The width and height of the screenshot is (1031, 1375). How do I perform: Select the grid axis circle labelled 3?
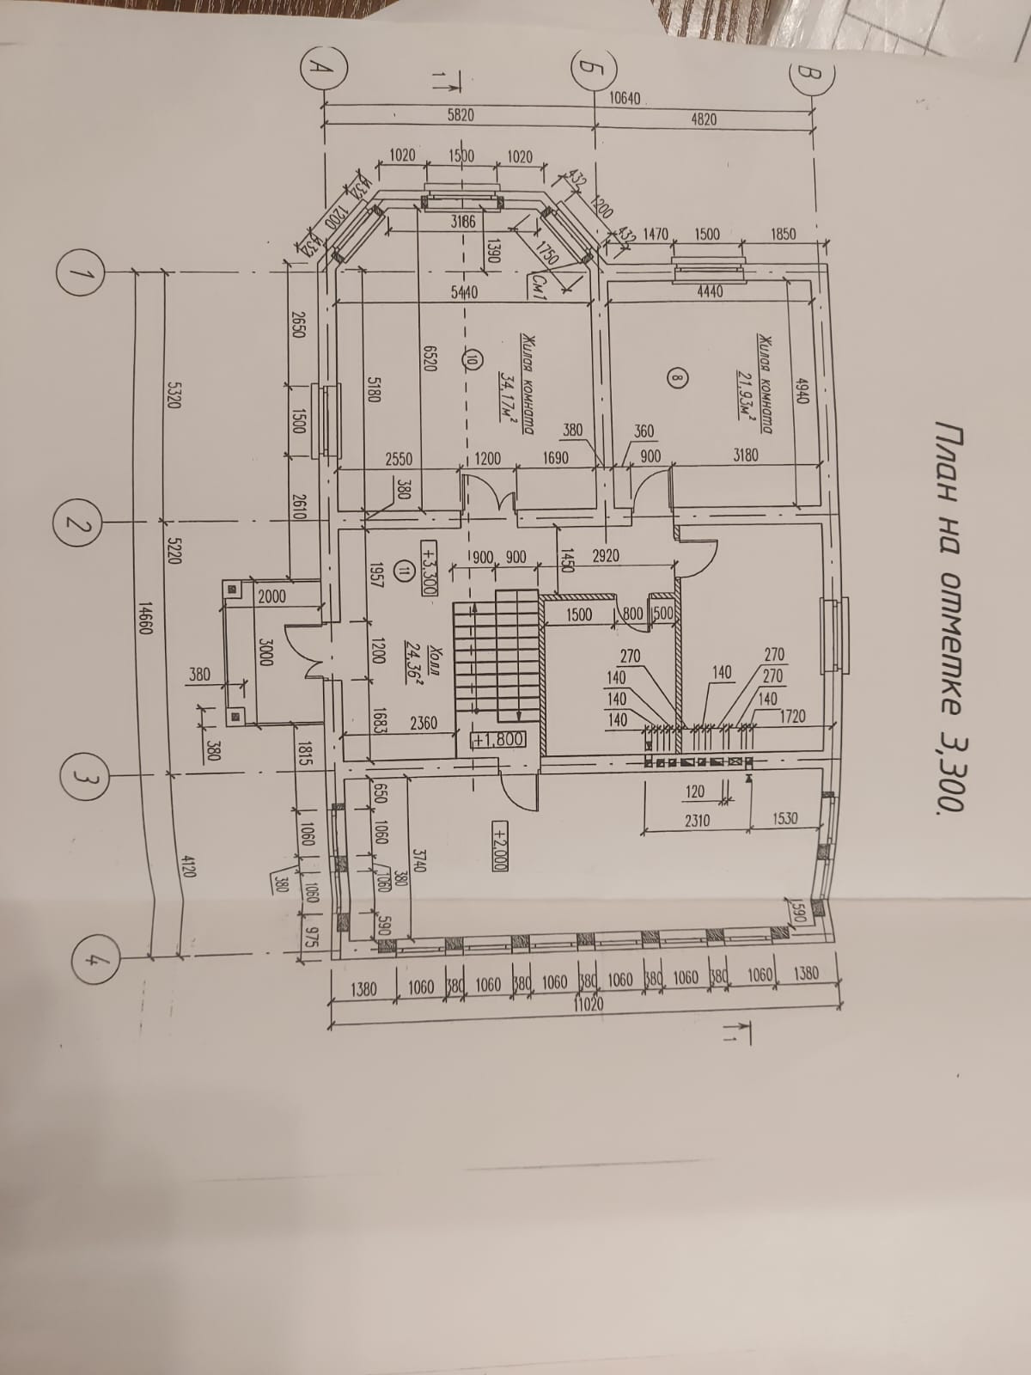click(82, 777)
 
